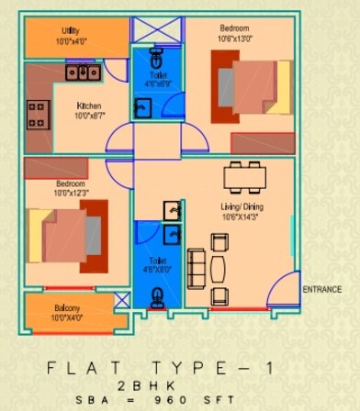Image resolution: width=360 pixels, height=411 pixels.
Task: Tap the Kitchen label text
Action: tap(89, 106)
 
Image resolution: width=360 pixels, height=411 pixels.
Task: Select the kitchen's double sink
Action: tap(83, 72)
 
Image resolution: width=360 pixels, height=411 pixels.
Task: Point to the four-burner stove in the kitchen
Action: tap(38, 114)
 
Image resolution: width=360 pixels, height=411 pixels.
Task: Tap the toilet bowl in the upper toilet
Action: tap(156, 52)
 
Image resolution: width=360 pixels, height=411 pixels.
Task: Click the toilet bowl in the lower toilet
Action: tap(157, 295)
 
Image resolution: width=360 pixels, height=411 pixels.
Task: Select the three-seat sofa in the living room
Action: tap(196, 268)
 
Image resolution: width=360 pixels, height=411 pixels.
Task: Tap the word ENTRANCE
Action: tap(321, 290)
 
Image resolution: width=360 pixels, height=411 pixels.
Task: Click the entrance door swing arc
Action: tap(281, 288)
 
